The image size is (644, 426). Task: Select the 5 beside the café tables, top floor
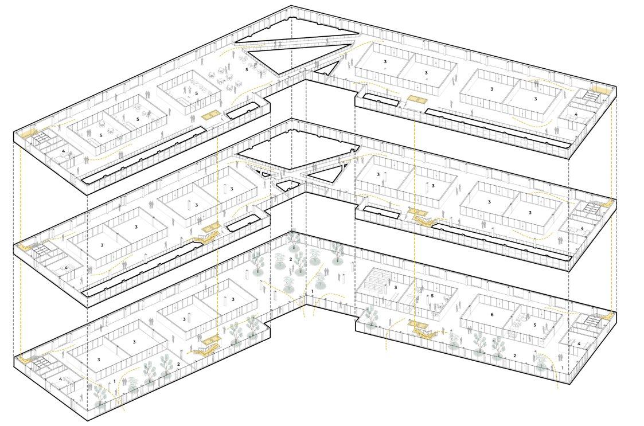pos(247,69)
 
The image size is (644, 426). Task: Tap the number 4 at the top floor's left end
pos(63,151)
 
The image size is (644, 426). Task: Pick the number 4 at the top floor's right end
pos(575,115)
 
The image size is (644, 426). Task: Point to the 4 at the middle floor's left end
pos(66,268)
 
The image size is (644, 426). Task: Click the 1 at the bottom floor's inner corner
pos(311,292)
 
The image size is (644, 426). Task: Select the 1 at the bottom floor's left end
pos(115,380)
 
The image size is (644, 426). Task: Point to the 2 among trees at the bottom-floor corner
pos(291,260)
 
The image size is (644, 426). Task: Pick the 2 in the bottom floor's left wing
pos(178,364)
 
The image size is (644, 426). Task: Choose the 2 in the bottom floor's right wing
pos(514,355)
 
